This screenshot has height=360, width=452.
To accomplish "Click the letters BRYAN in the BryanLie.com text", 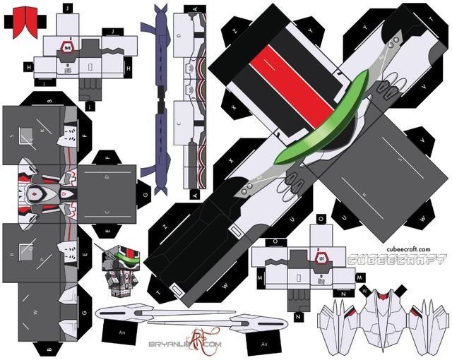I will pyautogui.click(x=161, y=344).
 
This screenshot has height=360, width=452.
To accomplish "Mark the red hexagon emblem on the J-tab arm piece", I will pyautogui.click(x=69, y=47).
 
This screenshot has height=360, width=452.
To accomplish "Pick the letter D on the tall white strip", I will pyautogui.click(x=179, y=35).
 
